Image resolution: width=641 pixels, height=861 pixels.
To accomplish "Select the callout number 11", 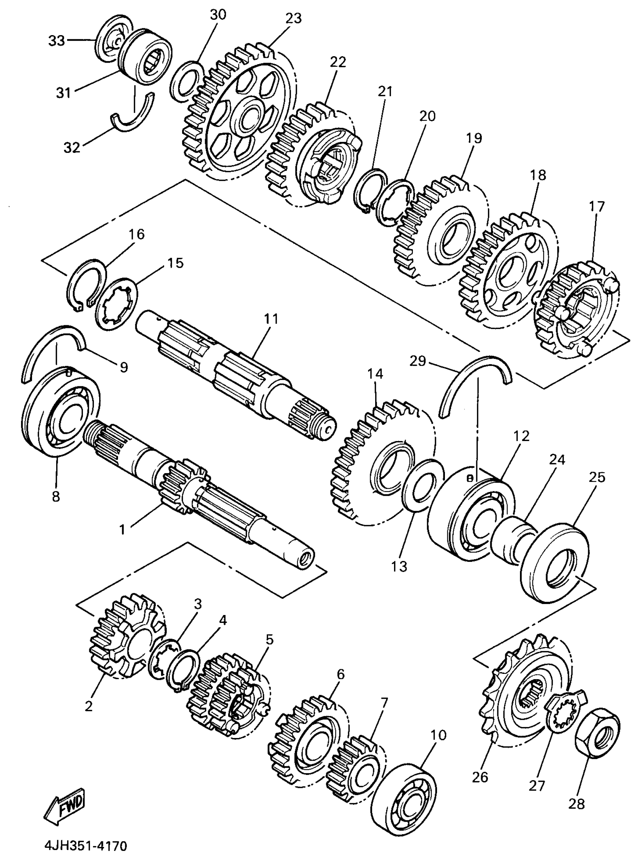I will tap(271, 319).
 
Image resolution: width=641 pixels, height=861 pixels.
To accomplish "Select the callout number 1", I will tap(122, 529).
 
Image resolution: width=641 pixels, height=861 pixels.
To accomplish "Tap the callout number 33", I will tap(57, 40).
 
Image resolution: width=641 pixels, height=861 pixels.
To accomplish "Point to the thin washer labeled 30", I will tap(187, 79).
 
